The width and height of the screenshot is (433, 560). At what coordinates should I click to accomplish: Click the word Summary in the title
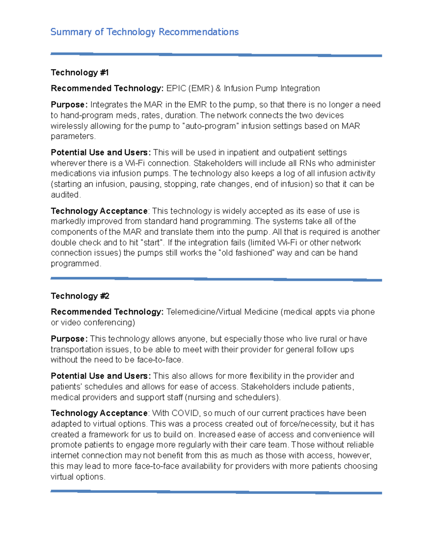tap(71, 32)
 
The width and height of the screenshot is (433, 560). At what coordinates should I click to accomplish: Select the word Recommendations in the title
tap(198, 32)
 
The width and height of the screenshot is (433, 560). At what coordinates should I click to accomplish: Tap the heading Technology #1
tap(80, 72)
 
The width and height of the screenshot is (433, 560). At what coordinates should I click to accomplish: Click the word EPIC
tap(176, 88)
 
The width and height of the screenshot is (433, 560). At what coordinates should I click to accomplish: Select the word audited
tap(65, 195)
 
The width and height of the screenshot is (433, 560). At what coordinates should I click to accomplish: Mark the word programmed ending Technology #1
tap(75, 264)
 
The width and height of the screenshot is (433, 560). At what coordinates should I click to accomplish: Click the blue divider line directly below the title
tap(216, 55)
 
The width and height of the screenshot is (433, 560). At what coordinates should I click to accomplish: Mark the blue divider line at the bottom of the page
tap(216, 492)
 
